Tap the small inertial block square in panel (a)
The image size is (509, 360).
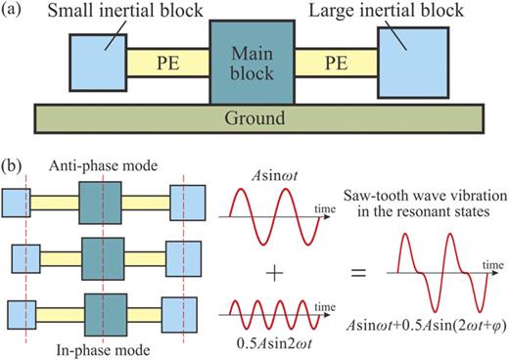tap(97, 60)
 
